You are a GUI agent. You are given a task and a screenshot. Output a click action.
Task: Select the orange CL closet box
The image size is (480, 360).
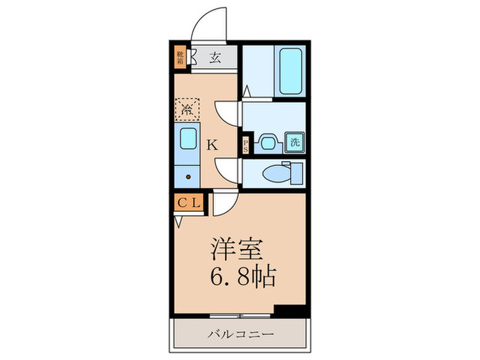coord(188,202)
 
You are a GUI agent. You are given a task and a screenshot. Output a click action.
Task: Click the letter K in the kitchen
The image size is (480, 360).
coord(213,145)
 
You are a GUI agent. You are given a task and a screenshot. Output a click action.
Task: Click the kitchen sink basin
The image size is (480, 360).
coord(187,141)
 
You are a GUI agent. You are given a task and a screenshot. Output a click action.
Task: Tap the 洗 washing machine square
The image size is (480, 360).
coord(293,143)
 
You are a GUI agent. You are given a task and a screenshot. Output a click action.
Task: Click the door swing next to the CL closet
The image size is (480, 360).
coord(223,204)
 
